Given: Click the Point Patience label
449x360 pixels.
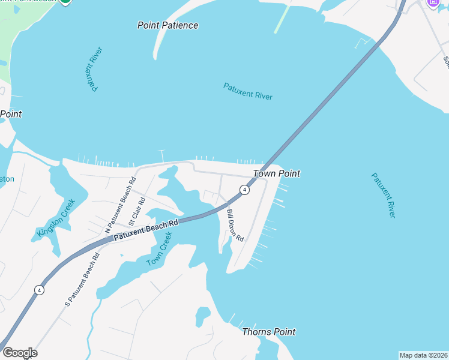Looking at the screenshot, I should coord(167,25).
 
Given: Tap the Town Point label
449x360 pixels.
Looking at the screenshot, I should coord(276,173).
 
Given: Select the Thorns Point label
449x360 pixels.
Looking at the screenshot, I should coord(268,332).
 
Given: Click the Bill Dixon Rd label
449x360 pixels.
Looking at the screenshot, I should coord(235,225).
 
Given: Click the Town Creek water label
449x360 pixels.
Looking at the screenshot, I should coord(160,249).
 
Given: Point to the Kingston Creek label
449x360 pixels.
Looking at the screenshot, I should coord(57,218).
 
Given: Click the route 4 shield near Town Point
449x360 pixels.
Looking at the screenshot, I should coord(244,190).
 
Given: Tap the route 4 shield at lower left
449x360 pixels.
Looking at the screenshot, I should coord(39,290).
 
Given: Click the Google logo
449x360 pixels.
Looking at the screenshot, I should coord(20,353).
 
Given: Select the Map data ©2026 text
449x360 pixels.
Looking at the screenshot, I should coord(423,355).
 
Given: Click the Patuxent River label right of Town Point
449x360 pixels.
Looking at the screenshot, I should coord(383,196).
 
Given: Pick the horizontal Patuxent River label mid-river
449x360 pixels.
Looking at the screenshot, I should coord(248,91).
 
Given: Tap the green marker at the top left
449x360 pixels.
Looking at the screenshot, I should coord(65,2).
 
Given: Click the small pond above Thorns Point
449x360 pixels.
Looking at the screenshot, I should coord(203,315).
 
